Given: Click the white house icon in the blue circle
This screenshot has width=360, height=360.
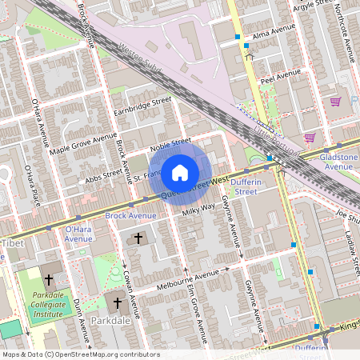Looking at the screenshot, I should point(180,172).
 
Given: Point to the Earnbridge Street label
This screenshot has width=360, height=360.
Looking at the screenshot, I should point(143,106).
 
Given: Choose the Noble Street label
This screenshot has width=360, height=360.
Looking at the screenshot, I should point(170,144).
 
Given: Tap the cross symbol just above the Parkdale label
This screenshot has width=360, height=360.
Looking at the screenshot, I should point(117,303).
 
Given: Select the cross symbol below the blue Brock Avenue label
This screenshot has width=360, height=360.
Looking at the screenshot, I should point(138,238).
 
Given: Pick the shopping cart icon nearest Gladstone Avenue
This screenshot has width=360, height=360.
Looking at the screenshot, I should point(309,138).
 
